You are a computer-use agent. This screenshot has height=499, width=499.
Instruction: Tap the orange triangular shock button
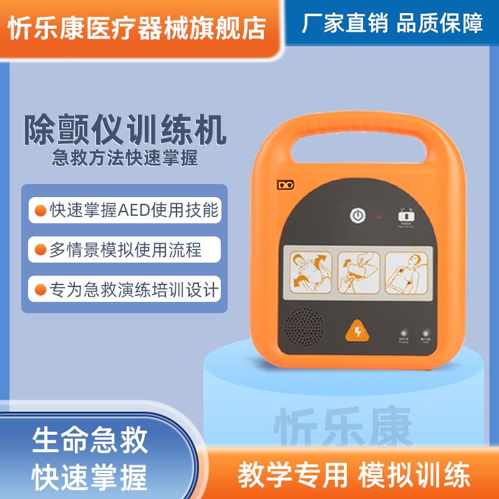coord(358,331)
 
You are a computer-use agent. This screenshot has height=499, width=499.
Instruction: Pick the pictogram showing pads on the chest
coord(407,271)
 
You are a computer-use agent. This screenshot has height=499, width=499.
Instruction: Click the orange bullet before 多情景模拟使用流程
coord(39,251)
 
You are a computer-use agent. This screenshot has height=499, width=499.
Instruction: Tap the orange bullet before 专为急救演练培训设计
coord(39,290)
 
